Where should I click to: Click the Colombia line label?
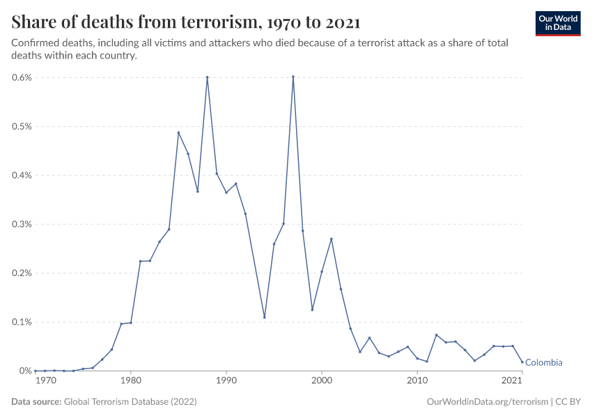(x=543, y=363)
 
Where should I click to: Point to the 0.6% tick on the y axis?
(x=22, y=77)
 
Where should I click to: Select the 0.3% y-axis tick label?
(x=22, y=224)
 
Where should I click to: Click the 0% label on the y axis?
(x=25, y=371)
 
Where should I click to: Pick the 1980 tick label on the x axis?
(x=130, y=381)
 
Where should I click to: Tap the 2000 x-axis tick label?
(x=322, y=381)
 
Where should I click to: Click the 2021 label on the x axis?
(x=513, y=381)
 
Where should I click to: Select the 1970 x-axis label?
(x=46, y=381)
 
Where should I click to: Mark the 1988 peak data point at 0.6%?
(x=207, y=77)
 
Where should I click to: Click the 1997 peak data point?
(x=293, y=77)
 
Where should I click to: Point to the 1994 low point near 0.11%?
(x=265, y=317)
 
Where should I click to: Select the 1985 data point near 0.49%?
(x=178, y=132)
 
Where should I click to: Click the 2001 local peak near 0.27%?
(x=332, y=239)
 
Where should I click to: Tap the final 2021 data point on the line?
(x=522, y=362)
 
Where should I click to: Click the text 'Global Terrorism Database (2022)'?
(x=130, y=402)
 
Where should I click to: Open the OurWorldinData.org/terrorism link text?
(x=485, y=402)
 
